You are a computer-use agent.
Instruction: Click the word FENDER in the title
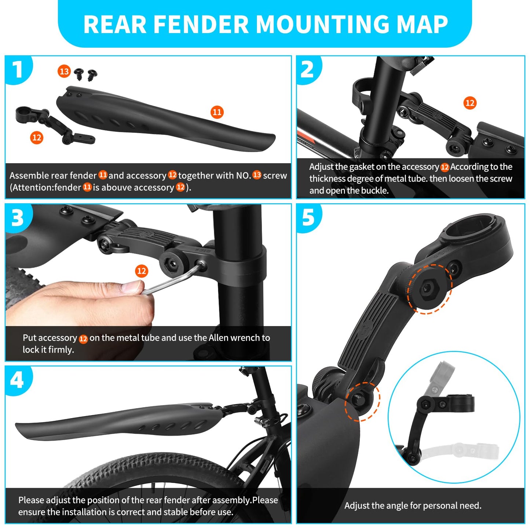coord(201,24)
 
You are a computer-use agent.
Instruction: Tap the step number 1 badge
coord(17,69)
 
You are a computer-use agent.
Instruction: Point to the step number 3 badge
coord(17,218)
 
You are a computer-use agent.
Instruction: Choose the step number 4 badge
coord(17,380)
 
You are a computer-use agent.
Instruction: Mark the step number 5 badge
coord(308,218)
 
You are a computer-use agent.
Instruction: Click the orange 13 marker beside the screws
coord(64,71)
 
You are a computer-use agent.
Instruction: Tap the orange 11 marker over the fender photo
coord(217,112)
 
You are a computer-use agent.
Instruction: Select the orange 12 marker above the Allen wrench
coord(142,271)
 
